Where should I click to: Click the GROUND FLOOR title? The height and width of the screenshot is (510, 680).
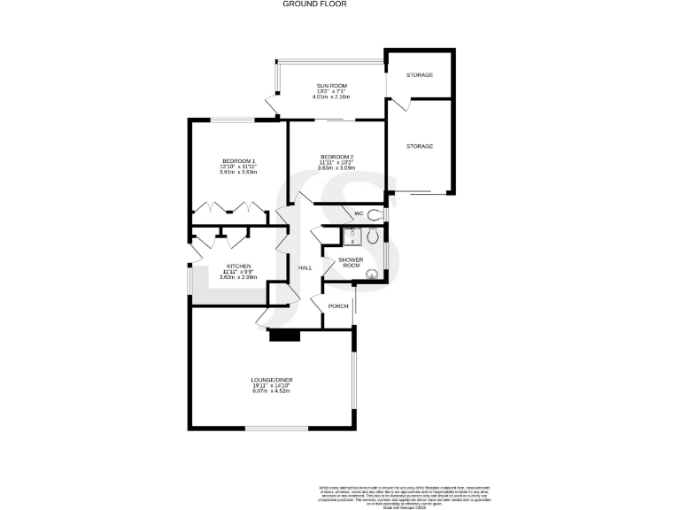(x=314, y=4)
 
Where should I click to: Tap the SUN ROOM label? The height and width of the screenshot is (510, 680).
(x=332, y=84)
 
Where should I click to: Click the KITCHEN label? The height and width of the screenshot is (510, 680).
(x=239, y=266)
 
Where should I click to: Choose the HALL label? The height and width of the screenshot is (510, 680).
(x=305, y=267)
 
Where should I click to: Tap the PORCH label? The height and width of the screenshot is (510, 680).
(x=337, y=306)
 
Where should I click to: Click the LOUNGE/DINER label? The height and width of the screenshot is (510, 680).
(x=271, y=380)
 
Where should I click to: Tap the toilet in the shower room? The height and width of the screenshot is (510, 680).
(x=373, y=236)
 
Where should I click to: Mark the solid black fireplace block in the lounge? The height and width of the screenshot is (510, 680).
(x=285, y=335)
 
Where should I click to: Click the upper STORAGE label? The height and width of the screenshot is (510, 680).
(x=420, y=75)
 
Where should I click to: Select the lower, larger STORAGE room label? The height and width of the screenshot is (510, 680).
(x=420, y=146)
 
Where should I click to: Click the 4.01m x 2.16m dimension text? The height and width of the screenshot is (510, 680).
(x=332, y=96)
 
